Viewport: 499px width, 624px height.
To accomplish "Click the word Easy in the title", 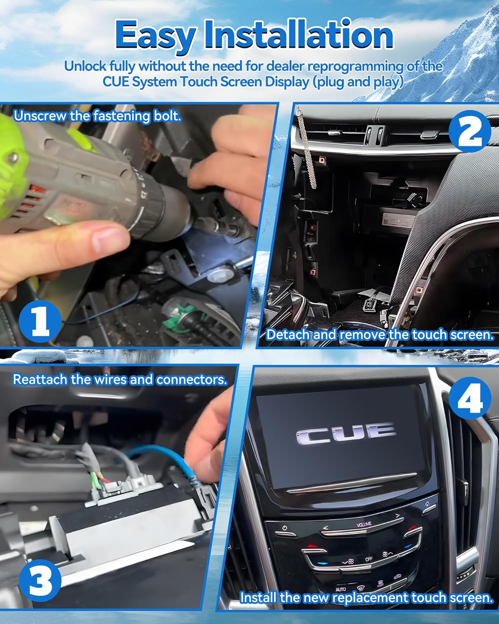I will pos(154,36).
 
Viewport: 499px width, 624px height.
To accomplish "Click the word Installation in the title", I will pos(299,35).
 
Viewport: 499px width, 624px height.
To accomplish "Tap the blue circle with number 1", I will pos(40,320).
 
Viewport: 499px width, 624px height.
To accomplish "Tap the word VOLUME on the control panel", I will pos(364,525).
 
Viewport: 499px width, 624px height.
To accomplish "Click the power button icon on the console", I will pos(285,528).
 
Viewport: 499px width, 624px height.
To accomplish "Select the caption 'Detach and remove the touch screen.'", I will pos(379,334).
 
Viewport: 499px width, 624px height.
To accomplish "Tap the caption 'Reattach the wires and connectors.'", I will pos(120,379).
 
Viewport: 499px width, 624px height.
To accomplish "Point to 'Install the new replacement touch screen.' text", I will pos(366,598).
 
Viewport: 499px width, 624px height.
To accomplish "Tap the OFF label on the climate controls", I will pos(368,559).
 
